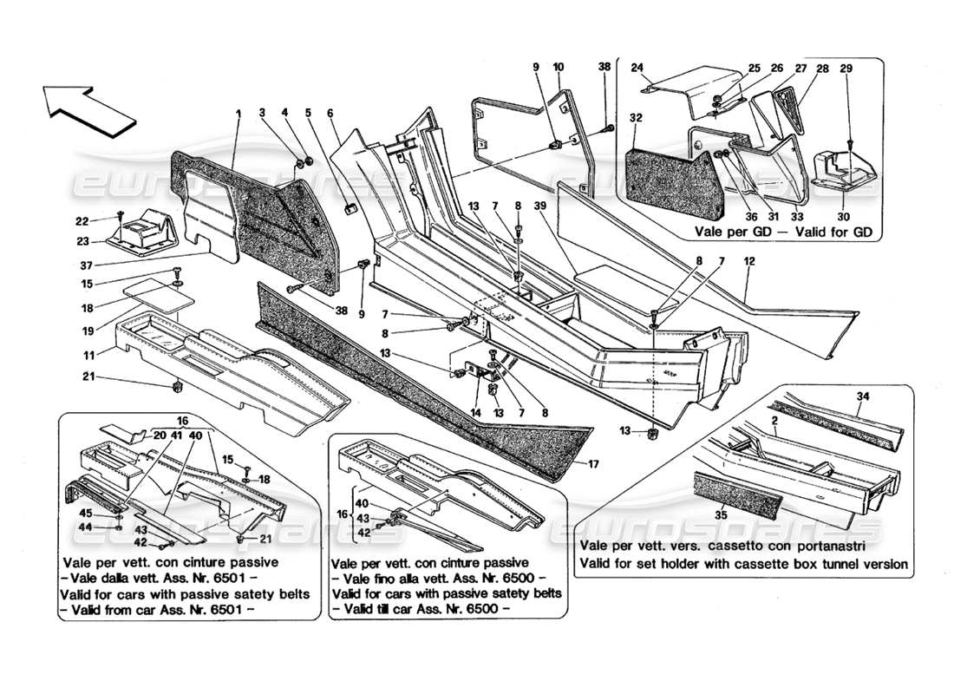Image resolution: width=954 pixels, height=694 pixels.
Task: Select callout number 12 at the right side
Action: tap(748, 261)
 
